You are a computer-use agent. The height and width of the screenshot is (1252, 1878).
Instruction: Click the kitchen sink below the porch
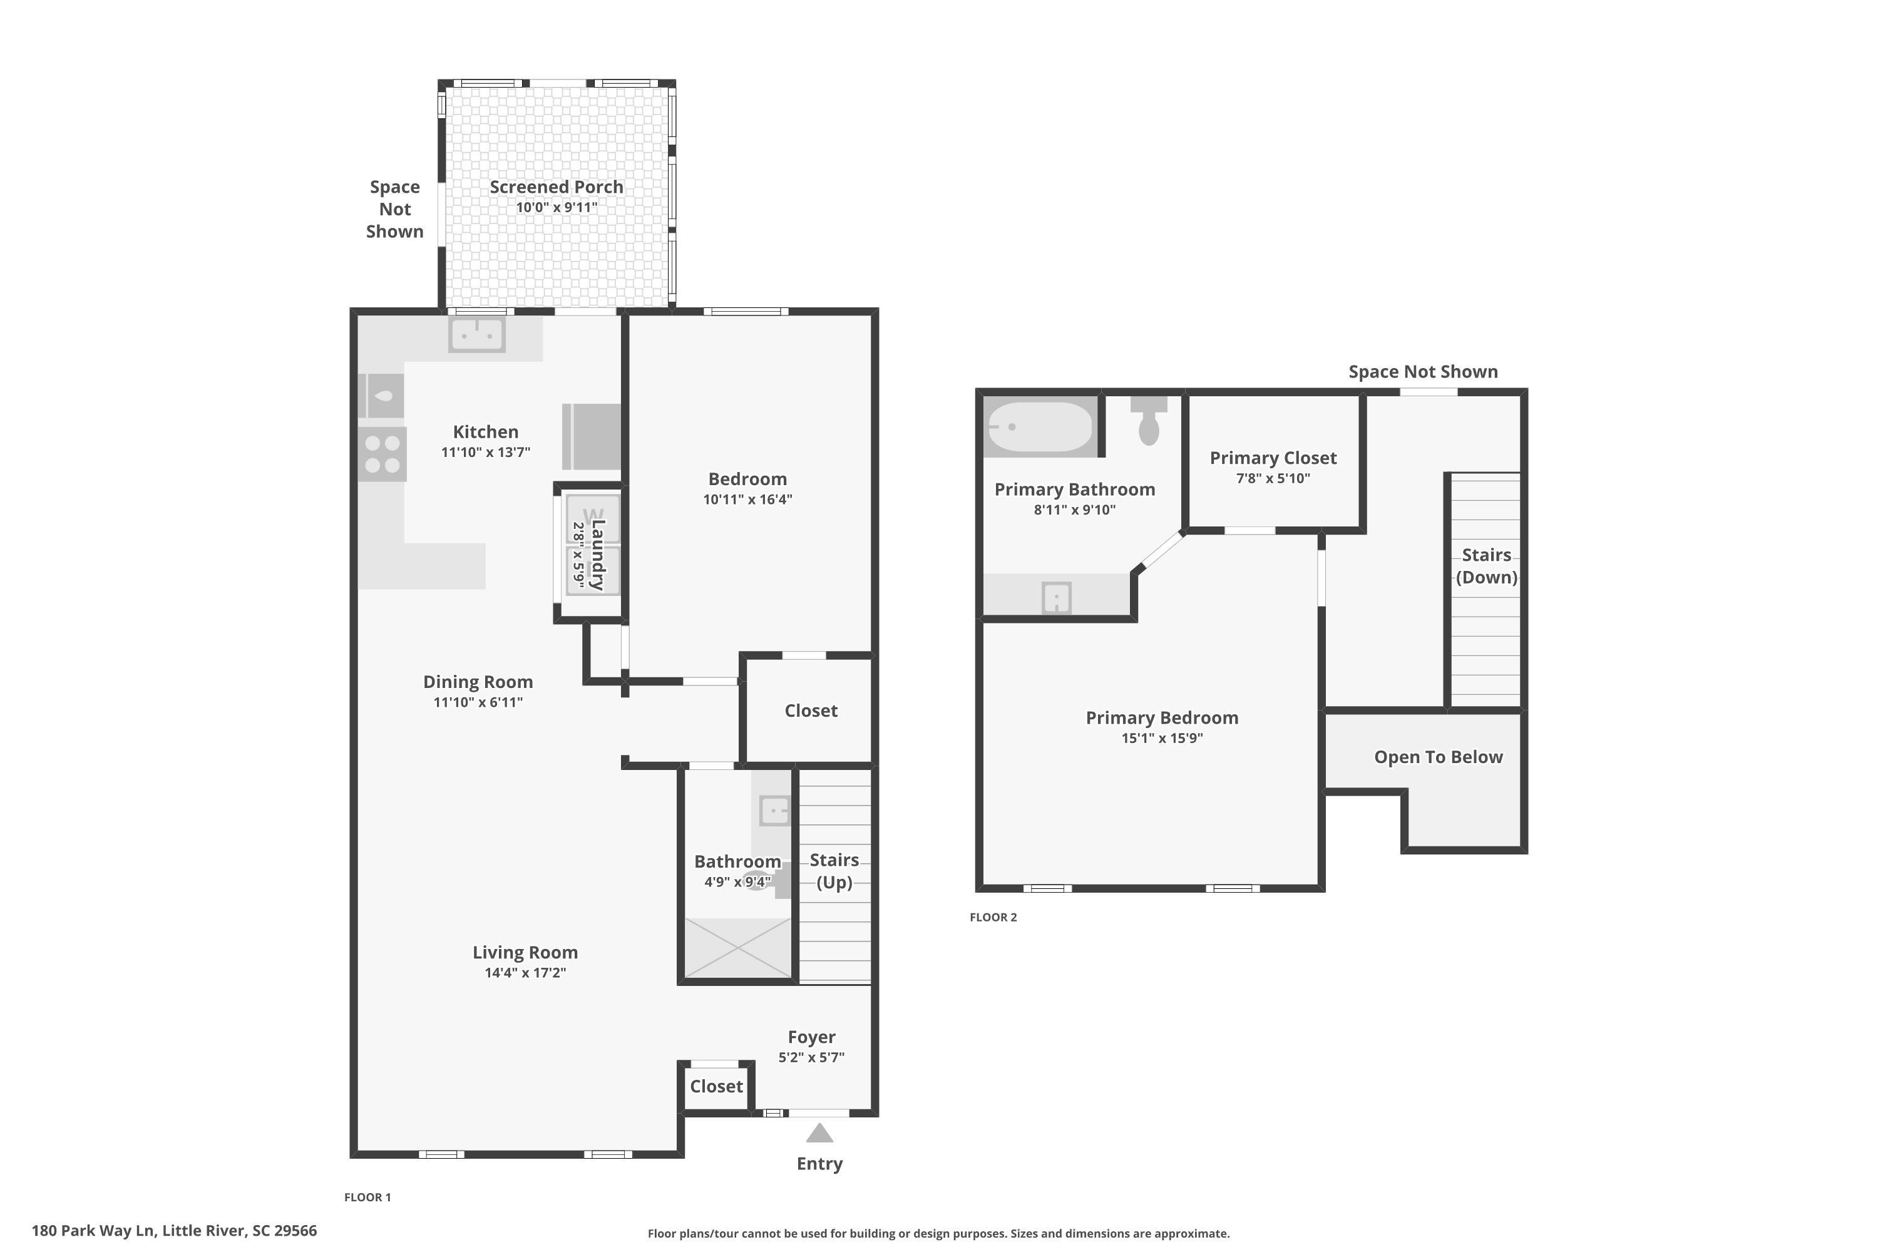coord(476,334)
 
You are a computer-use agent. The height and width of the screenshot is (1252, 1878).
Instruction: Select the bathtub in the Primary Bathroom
coord(1040,427)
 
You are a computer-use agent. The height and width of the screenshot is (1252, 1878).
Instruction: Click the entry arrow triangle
coord(819,1133)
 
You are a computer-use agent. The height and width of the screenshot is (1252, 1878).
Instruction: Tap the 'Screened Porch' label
coord(557,187)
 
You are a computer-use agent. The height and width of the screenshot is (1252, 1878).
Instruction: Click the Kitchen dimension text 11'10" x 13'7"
coord(486,452)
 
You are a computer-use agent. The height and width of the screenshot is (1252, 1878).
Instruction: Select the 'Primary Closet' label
coord(1273,458)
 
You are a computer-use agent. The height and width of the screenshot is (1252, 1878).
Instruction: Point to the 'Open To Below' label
coord(1438,757)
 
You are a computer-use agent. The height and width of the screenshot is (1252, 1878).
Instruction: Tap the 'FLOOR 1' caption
coord(367,1197)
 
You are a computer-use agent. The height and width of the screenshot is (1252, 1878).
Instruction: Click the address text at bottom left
coord(174,1231)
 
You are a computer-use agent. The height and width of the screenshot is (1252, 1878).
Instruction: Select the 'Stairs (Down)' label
coord(1486,566)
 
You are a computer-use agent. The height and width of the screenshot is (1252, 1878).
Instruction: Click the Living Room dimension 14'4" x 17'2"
coord(525,973)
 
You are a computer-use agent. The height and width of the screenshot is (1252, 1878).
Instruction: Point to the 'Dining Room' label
coord(478,682)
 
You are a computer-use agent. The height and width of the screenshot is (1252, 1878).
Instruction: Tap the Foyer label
coord(811,1037)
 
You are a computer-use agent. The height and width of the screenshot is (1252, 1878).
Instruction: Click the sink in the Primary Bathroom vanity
coord(1057,597)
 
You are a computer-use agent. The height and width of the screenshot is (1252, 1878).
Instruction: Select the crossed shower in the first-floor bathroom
coord(738,948)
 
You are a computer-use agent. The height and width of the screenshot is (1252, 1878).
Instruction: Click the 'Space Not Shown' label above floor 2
coord(1423,371)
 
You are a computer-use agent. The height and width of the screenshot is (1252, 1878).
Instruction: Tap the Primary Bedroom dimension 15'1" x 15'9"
coord(1162,738)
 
